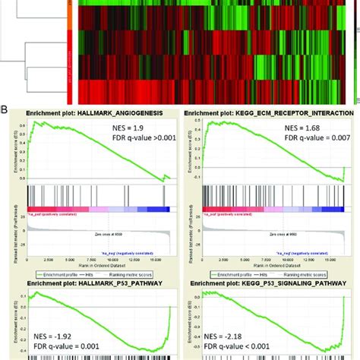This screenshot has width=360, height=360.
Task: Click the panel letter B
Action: coord(5,109)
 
